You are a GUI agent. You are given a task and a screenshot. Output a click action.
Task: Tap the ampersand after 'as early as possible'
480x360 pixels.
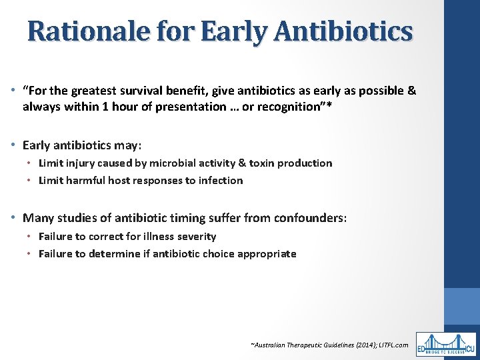pyautogui.click(x=410, y=91)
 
